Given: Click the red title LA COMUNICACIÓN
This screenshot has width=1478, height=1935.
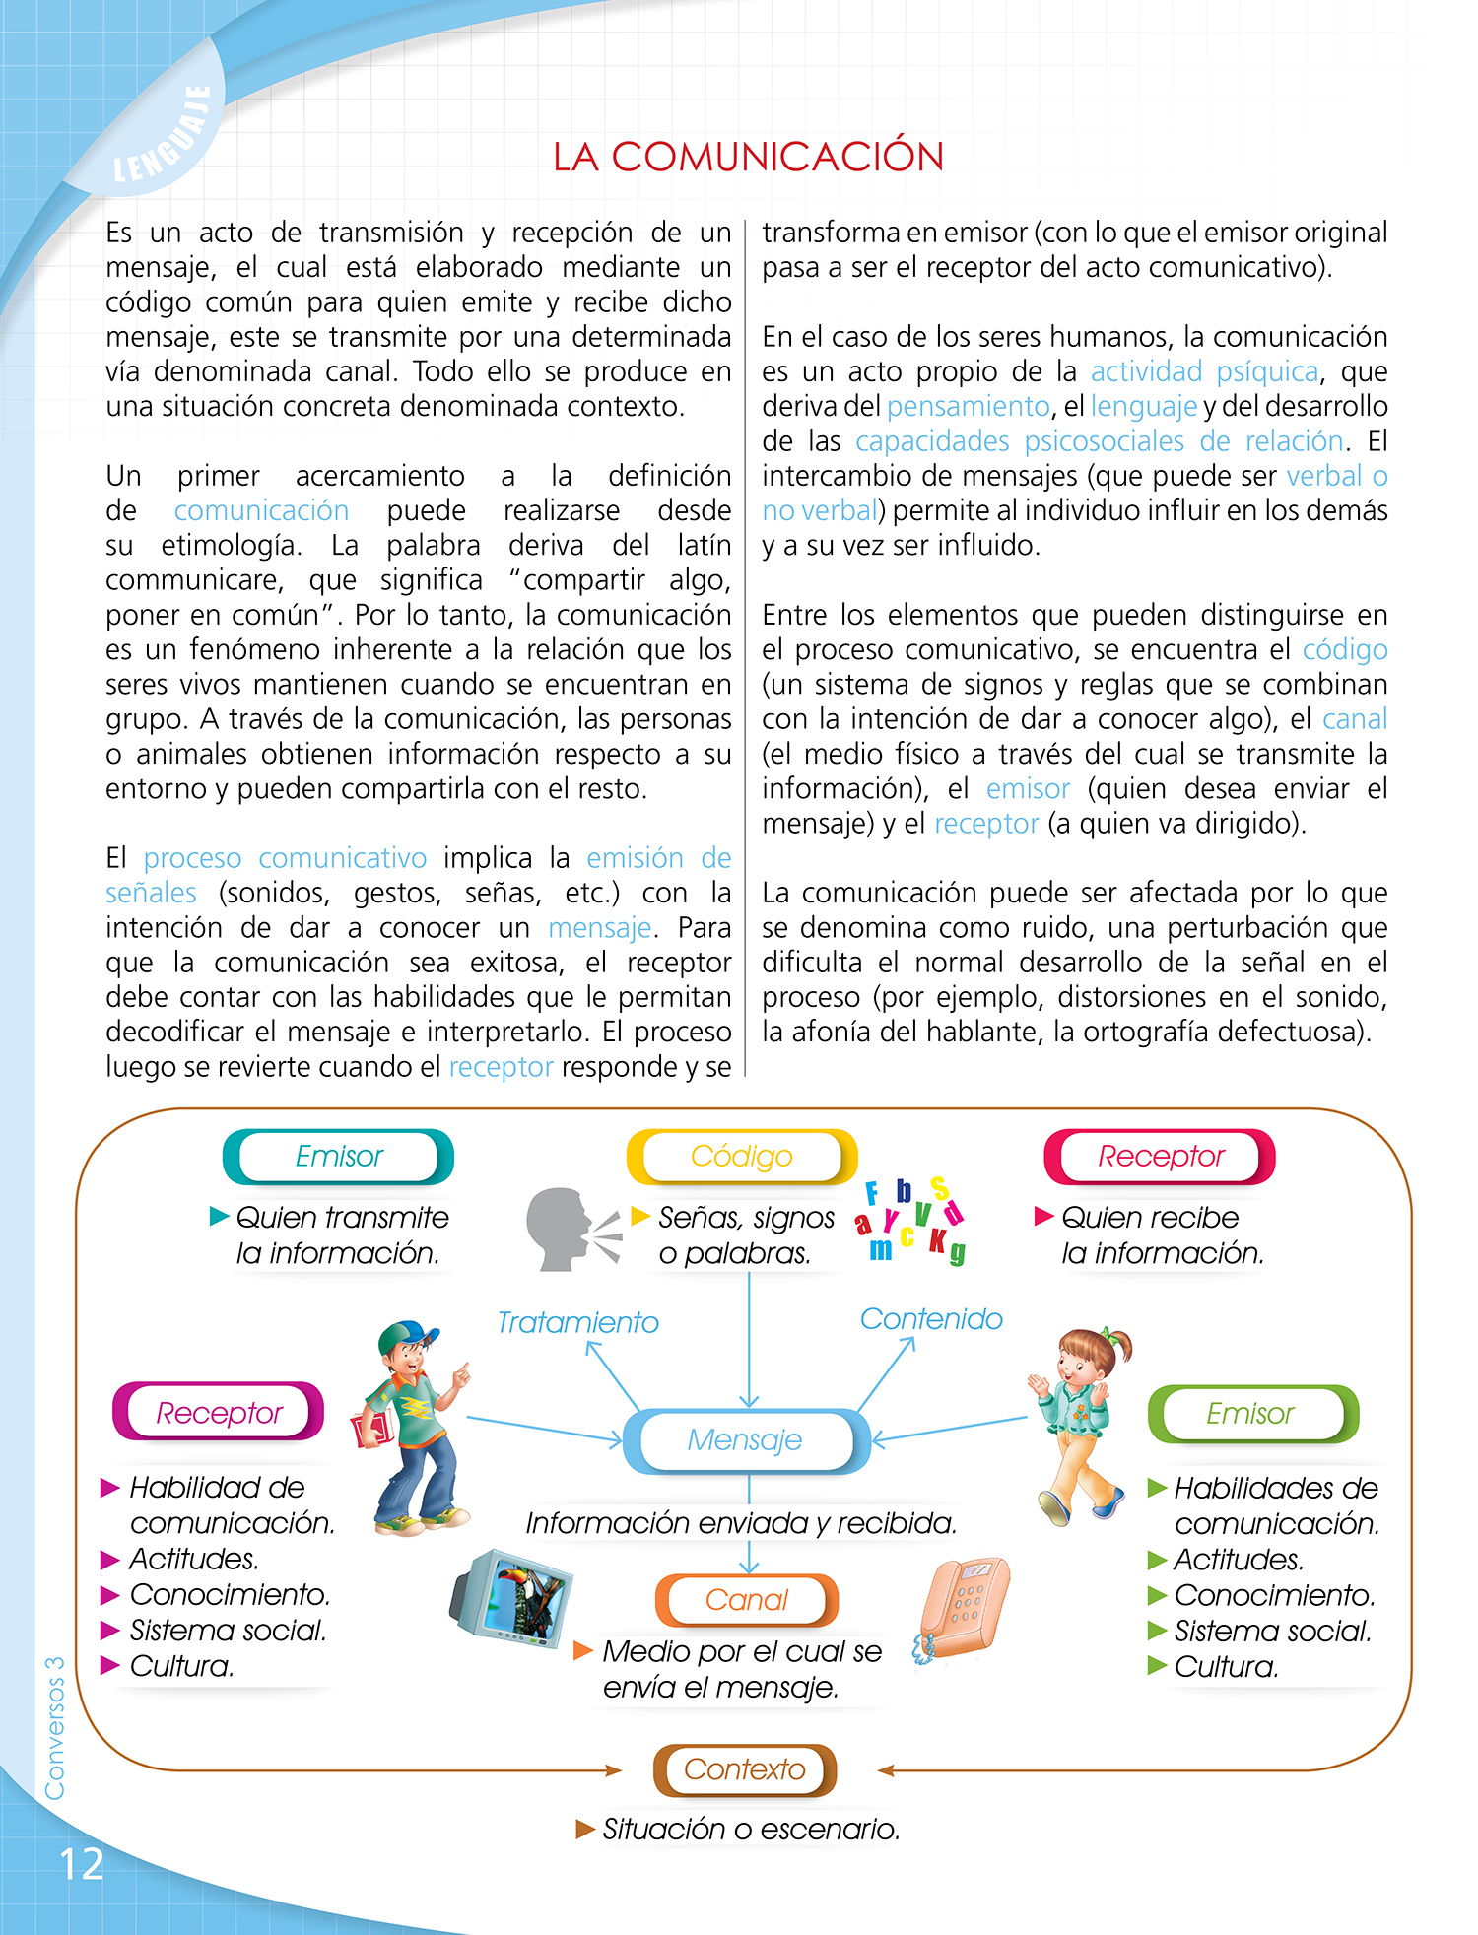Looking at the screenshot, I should click(748, 157).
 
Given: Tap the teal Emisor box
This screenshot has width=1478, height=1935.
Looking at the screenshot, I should click(338, 1156).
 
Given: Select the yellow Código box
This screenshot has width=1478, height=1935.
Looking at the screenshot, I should click(741, 1156).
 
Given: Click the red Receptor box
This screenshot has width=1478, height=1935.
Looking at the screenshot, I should click(1160, 1156).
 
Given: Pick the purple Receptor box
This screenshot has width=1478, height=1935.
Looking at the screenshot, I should click(219, 1413).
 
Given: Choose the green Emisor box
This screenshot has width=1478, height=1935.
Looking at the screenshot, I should click(1252, 1414).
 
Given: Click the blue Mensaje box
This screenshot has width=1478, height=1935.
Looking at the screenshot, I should click(746, 1440).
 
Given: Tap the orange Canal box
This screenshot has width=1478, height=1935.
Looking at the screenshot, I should click(747, 1600).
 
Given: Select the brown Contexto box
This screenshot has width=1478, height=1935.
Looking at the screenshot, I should click(745, 1769).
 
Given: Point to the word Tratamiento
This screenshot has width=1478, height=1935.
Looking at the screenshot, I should click(577, 1322).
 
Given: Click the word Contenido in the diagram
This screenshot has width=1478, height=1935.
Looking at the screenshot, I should click(931, 1319).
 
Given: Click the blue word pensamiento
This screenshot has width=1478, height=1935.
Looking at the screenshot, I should click(968, 406).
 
